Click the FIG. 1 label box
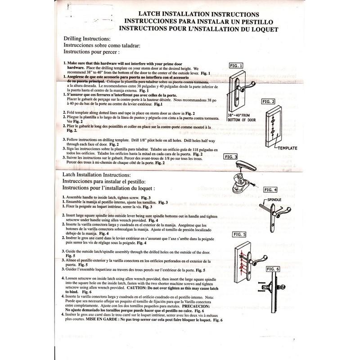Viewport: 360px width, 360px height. point(235,65)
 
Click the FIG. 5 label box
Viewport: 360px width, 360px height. point(239,234)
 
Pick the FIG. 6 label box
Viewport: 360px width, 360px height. point(273,269)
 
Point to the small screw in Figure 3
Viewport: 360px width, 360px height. point(267,184)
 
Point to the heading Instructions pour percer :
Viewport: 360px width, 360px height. point(93,52)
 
